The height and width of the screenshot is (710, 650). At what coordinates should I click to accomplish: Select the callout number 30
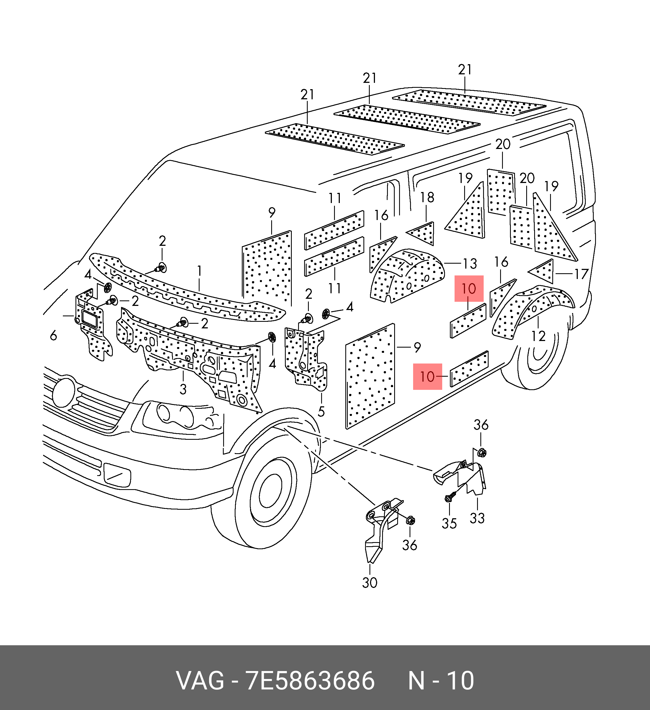coord(369,582)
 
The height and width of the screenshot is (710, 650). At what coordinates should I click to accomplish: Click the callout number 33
coord(477,518)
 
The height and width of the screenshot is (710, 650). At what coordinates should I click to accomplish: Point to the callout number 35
coord(449,523)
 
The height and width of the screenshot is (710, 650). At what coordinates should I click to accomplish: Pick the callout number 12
coord(538,336)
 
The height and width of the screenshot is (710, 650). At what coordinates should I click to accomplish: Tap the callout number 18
coord(427,197)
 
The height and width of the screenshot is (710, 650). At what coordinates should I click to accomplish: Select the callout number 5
coord(321,411)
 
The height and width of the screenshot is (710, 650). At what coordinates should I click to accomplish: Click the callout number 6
coord(53,335)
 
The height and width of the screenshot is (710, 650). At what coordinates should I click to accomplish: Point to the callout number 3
coord(183,389)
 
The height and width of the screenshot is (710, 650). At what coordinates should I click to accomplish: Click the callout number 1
coord(199,271)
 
